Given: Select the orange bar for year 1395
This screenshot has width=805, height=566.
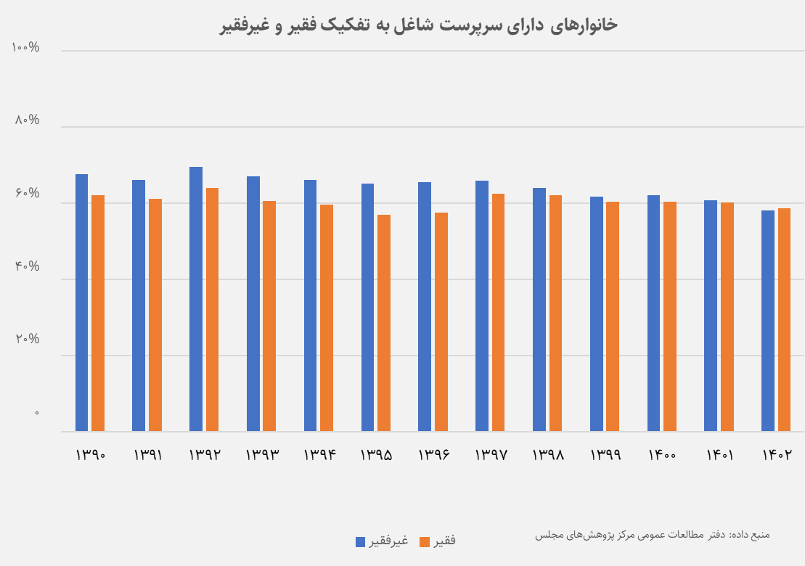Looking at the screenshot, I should click(384, 323).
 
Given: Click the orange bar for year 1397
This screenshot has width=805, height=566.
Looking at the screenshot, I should click(498, 313).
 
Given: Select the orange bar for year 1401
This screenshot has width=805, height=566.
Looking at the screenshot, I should click(727, 317).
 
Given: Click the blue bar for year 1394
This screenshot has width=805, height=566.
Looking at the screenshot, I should click(310, 305).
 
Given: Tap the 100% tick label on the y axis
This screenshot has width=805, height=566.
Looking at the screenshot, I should click(25, 48).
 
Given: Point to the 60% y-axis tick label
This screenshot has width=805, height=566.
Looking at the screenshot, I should click(27, 194).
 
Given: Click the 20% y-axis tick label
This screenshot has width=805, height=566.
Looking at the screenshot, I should click(26, 340).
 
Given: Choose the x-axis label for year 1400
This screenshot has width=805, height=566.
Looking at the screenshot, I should click(663, 455).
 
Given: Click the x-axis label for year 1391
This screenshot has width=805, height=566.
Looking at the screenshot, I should click(147, 455).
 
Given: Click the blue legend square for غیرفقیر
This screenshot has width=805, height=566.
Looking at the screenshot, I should click(360, 541).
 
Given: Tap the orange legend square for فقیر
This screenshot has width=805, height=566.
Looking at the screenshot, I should click(425, 541).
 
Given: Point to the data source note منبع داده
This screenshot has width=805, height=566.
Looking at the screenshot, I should click(652, 535).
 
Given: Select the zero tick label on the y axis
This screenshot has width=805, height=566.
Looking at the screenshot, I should click(37, 413).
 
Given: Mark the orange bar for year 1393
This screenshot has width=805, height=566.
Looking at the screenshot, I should click(269, 316).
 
